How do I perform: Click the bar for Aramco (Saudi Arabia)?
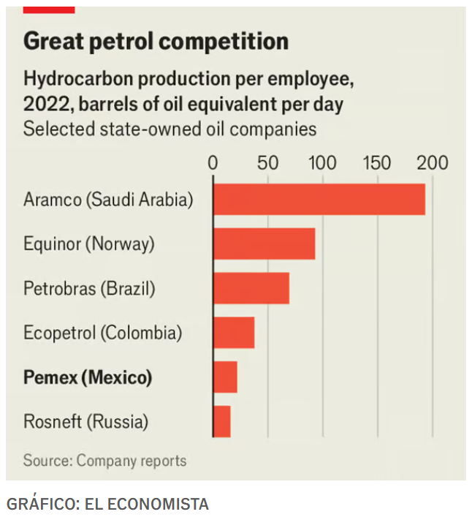coord(319,200)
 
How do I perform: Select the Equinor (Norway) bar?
coord(264,244)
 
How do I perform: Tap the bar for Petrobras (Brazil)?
coord(251,288)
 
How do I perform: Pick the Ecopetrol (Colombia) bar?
coord(234,333)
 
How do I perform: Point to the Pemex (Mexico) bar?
coord(225,377)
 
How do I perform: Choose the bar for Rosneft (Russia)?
coord(221,422)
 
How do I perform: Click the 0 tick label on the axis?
coord(213,162)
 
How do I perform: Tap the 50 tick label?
coord(267,162)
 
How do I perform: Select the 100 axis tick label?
coord(322,162)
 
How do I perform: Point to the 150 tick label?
coord(377,162)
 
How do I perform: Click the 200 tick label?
coord(433,162)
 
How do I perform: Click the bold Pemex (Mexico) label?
coord(88,378)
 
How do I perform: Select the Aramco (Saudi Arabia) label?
coord(108,200)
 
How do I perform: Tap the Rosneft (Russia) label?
coord(86,422)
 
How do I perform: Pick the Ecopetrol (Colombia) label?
coord(102,333)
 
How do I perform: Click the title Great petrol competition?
coord(156,41)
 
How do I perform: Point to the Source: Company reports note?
coord(104,461)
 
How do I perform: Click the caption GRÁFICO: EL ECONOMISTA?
coord(107,504)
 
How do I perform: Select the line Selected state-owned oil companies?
coord(170,129)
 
